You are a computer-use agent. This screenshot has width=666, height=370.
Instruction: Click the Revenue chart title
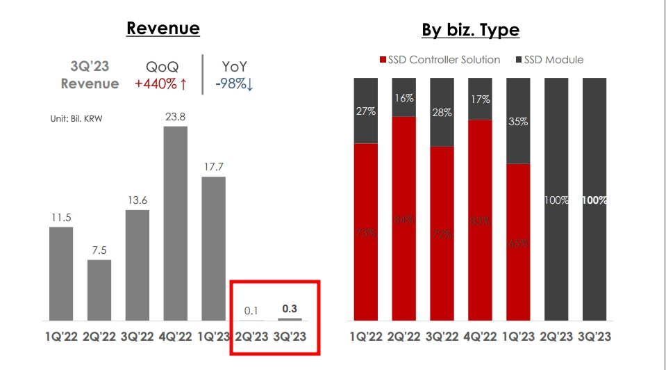163,28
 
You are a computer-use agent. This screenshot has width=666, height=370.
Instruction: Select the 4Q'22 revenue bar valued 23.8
176,223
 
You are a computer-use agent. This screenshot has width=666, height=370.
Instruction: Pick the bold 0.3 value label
290,307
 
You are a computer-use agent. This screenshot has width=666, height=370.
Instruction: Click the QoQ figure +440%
161,83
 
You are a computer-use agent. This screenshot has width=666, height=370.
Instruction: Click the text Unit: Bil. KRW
76,119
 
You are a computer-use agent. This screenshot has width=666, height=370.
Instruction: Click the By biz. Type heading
470,30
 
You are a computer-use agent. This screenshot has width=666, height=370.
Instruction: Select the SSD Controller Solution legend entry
440,60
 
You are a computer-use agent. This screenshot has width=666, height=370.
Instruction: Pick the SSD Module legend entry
549,60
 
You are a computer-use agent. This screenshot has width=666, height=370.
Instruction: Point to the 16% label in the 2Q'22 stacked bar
404,97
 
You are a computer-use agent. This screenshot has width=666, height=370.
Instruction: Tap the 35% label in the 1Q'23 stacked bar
518,121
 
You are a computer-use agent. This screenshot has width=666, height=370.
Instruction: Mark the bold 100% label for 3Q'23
594,200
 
